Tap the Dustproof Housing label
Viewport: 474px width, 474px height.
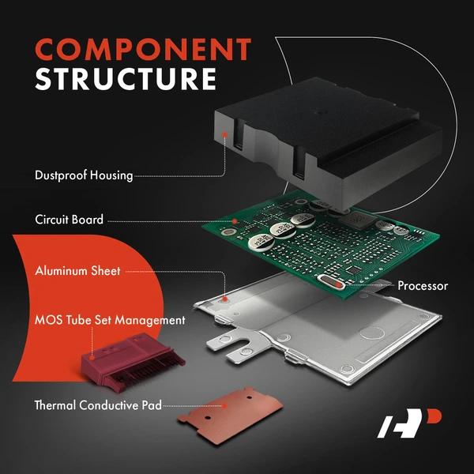click(x=85, y=175)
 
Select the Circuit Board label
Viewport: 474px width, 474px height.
click(x=69, y=219)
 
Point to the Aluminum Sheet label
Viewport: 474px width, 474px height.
click(x=77, y=271)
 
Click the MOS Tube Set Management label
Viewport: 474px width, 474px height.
click(x=110, y=321)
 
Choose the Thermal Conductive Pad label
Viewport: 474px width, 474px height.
click(x=98, y=405)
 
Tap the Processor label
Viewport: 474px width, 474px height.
click(x=423, y=285)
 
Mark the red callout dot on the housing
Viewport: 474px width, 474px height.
click(x=228, y=136)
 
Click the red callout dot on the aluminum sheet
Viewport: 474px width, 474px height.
click(x=228, y=299)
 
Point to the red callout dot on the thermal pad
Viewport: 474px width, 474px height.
click(x=226, y=405)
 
